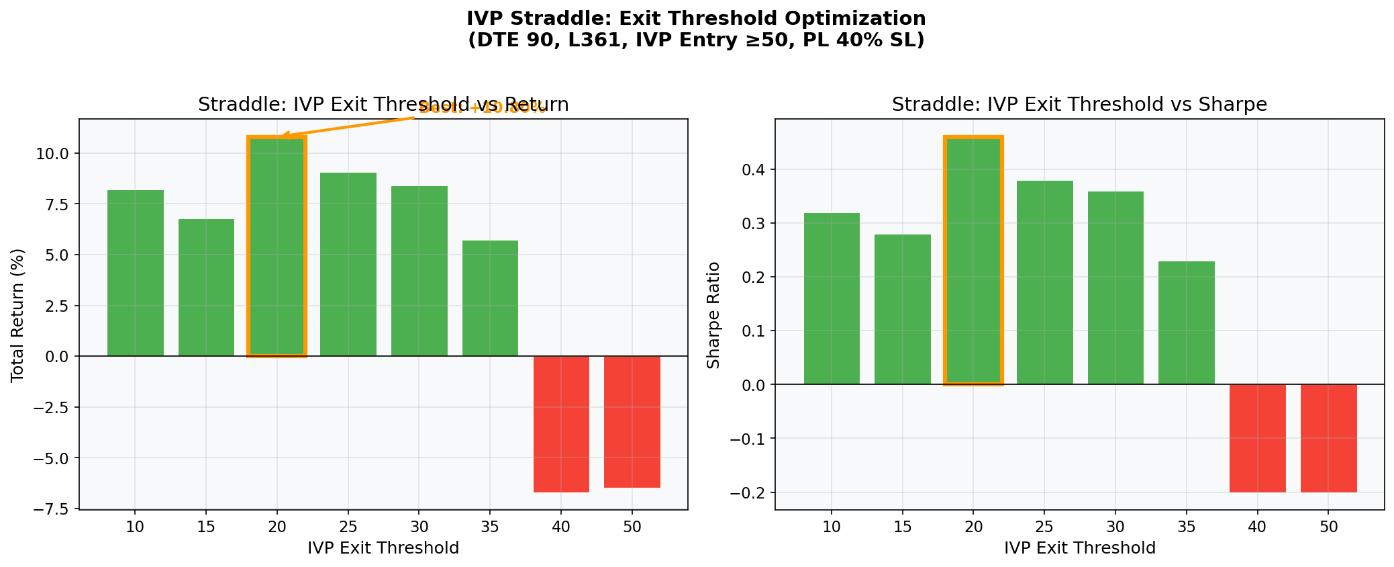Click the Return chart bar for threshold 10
coord(135,273)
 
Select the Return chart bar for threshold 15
coord(206,288)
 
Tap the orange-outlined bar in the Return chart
coord(277,247)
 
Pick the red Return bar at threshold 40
coord(561,424)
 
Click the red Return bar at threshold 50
coord(632,422)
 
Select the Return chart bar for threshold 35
coord(490,298)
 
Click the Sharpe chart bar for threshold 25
coord(1044,282)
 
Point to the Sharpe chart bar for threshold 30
coord(1115,288)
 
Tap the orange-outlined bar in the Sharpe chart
coord(973,261)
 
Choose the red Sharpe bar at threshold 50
coord(1328,438)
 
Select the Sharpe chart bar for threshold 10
coord(832,298)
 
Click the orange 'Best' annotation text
coord(482,108)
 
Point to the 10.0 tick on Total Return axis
coord(54,154)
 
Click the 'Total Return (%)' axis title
coord(18,315)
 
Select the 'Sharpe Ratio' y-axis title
coord(714,315)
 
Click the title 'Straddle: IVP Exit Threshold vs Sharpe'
coord(1079,105)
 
